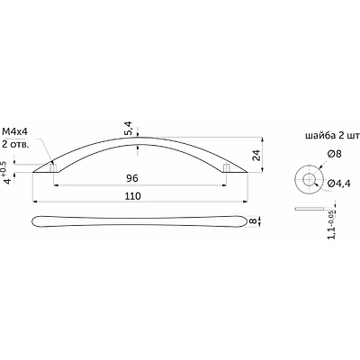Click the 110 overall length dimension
pyautogui.click(x=133, y=196)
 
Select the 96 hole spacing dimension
pyautogui.click(x=132, y=178)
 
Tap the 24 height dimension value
pyautogui.click(x=256, y=155)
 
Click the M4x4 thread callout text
pyautogui.click(x=15, y=132)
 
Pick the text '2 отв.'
pyautogui.click(x=15, y=144)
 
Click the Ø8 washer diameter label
pyautogui.click(x=335, y=154)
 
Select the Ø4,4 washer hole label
pyautogui.click(x=339, y=183)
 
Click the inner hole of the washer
pyautogui.click(x=309, y=180)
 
